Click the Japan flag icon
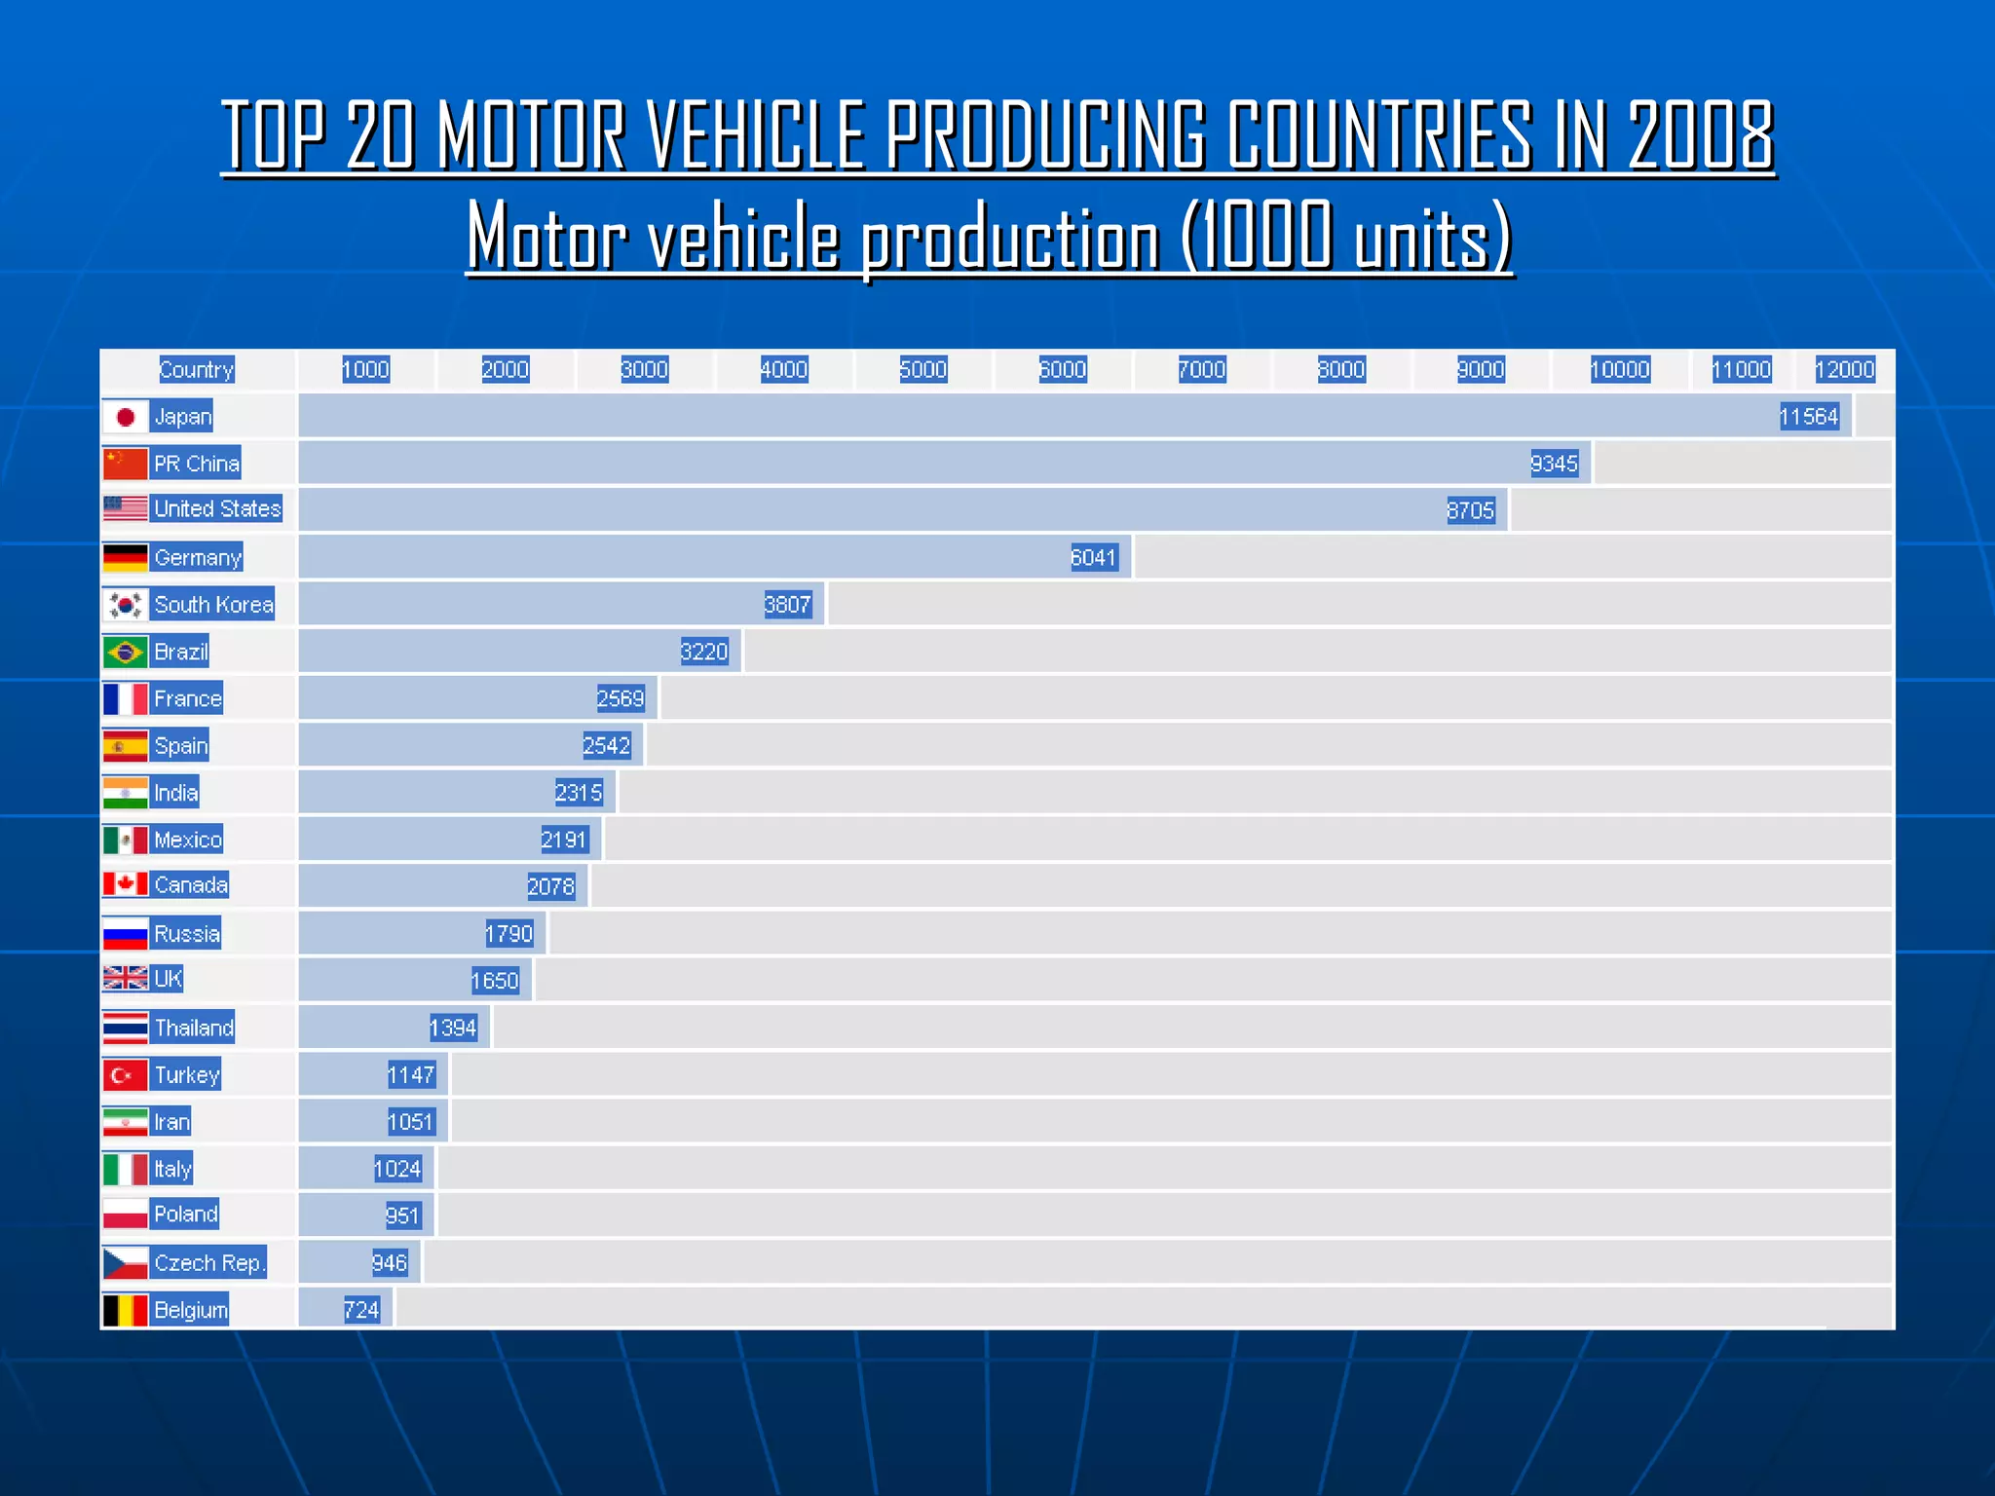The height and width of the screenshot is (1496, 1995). [x=126, y=417]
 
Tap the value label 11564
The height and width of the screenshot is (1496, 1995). [x=1809, y=417]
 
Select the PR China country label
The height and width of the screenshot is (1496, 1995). [x=196, y=464]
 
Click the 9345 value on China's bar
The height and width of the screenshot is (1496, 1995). [x=1554, y=464]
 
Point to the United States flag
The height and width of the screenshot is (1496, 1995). [x=126, y=508]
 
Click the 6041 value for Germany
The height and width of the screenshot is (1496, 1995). [x=1093, y=558]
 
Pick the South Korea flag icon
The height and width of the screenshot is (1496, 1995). [x=126, y=605]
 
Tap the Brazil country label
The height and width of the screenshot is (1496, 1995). [x=181, y=652]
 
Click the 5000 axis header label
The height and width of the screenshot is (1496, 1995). [x=922, y=370]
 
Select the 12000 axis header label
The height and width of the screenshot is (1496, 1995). [x=1844, y=370]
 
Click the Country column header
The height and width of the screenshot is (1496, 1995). [x=196, y=370]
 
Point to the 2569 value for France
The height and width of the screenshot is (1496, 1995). [x=621, y=698]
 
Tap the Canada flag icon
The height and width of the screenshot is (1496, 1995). [x=126, y=884]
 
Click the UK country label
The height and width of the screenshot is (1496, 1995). [x=168, y=979]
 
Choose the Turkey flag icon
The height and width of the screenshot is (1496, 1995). [x=126, y=1075]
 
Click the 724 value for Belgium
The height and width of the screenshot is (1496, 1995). [x=361, y=1310]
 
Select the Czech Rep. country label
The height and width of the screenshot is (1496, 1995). [x=209, y=1263]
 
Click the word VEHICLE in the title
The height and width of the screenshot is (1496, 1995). [x=756, y=136]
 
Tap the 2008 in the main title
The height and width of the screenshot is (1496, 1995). [x=1701, y=136]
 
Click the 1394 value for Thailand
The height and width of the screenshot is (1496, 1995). [x=453, y=1028]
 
